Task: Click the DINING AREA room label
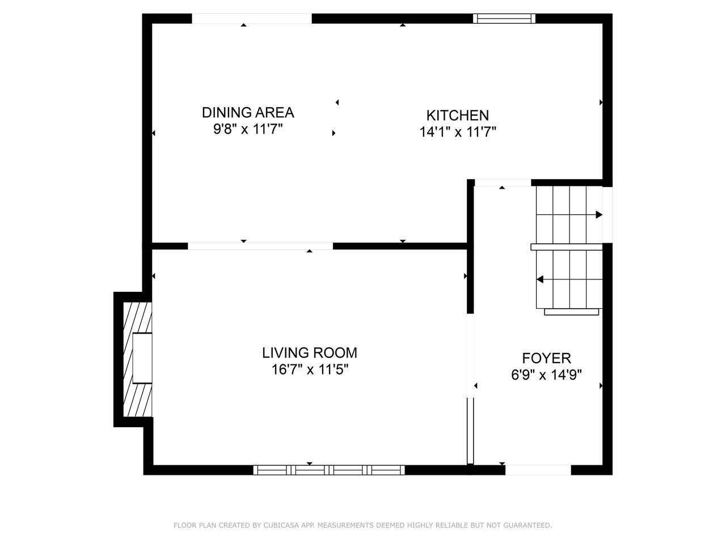pyautogui.click(x=248, y=113)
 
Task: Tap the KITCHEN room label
pyautogui.click(x=457, y=116)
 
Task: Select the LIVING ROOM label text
pyautogui.click(x=310, y=353)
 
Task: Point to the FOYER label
pyautogui.click(x=546, y=358)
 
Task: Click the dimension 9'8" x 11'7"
pyautogui.click(x=248, y=129)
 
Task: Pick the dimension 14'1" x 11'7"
pyautogui.click(x=458, y=132)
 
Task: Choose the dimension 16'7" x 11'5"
pyautogui.click(x=310, y=369)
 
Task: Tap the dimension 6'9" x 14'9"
pyautogui.click(x=546, y=375)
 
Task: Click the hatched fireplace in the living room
pyautogui.click(x=138, y=359)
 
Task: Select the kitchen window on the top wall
pyautogui.click(x=504, y=19)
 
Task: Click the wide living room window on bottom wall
pyautogui.click(x=329, y=470)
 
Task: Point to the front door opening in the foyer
pyautogui.click(x=538, y=470)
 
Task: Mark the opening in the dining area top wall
pyautogui.click(x=252, y=19)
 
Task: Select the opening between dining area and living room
pyautogui.click(x=260, y=246)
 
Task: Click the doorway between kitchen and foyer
pyautogui.click(x=503, y=182)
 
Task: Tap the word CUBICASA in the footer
pyautogui.click(x=278, y=525)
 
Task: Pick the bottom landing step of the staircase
pyautogui.click(x=572, y=312)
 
